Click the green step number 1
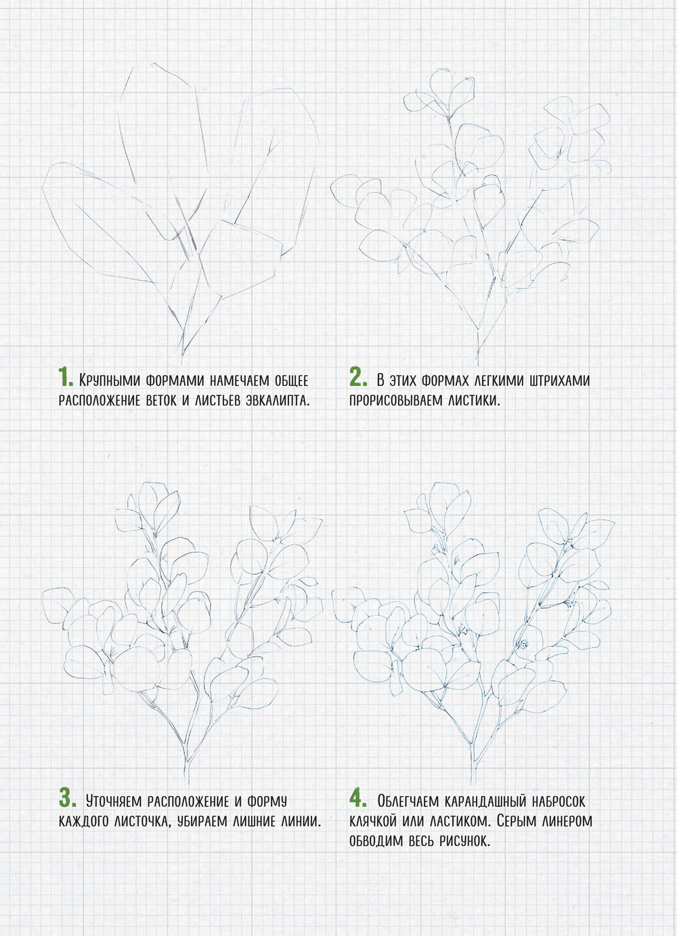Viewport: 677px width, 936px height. pos(66,377)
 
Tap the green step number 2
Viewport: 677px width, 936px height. pos(358,377)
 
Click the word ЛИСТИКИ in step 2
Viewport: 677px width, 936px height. pos(473,400)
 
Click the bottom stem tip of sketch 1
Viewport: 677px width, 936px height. pos(181,364)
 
